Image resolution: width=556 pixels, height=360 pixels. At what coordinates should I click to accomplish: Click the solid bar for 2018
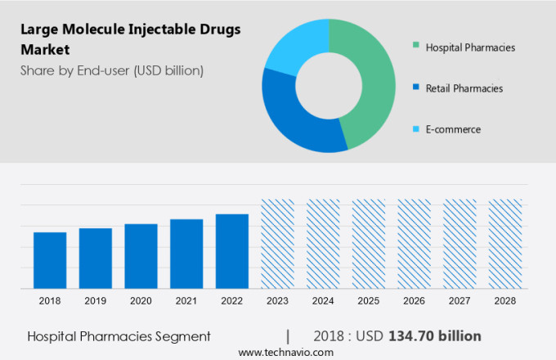coord(50,260)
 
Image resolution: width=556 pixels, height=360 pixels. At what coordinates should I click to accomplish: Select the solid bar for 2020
coord(141,256)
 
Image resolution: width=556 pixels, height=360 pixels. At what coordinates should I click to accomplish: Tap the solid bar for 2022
coord(232,251)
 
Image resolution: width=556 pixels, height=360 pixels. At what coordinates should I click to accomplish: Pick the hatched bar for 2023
coord(277,244)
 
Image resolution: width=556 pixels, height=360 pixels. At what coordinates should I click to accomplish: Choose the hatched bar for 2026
coord(414,244)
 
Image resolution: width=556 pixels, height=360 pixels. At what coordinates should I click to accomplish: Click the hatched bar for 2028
coord(505,244)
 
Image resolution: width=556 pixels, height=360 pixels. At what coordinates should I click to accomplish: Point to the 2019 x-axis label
coord(96,301)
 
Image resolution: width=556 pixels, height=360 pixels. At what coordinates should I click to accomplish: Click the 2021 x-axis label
coord(186,301)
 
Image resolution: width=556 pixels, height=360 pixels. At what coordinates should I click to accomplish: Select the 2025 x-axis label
coord(369,301)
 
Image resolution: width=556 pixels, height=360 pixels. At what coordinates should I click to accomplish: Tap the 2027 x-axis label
coord(460,301)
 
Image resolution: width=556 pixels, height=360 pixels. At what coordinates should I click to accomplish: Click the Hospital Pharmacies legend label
coord(470,47)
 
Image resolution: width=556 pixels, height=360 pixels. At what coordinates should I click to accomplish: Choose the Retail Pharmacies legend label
coord(464,88)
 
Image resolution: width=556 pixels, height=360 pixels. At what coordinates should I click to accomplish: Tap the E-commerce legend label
coord(453,129)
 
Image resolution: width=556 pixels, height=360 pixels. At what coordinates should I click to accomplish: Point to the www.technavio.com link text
coord(286,352)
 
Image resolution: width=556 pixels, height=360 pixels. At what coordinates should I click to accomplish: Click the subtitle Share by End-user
coord(112,70)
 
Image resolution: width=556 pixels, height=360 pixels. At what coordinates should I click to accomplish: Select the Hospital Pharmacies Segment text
coord(119,336)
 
